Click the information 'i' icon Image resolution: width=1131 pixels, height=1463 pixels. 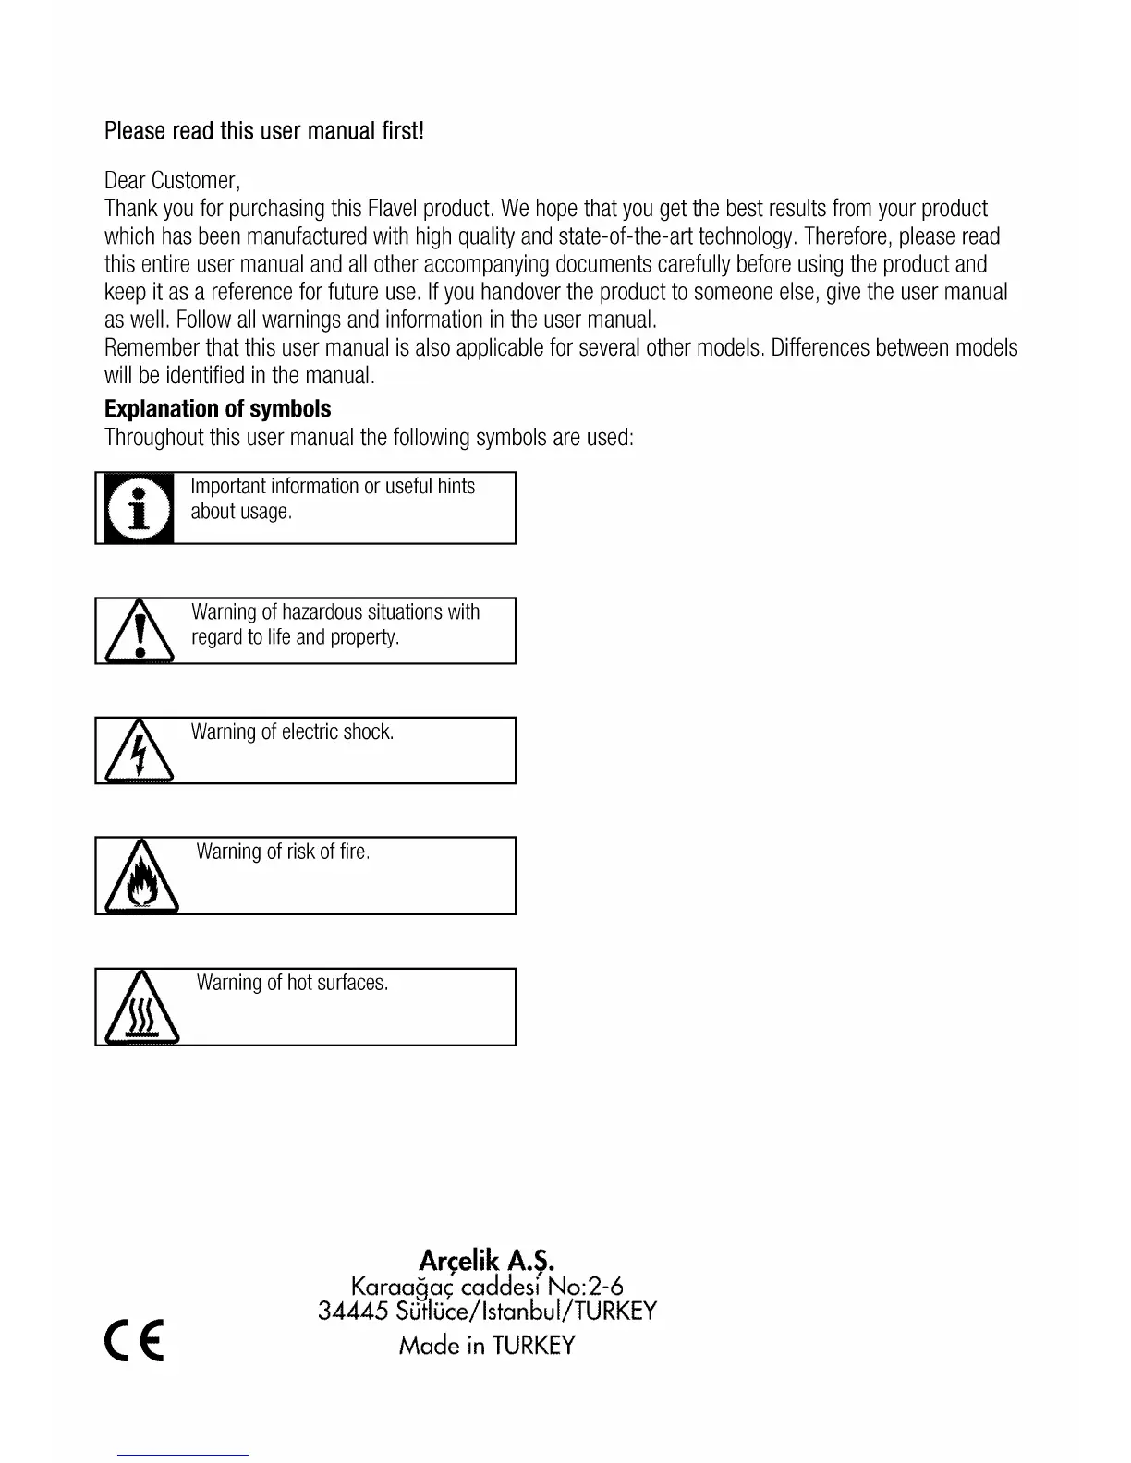tap(139, 508)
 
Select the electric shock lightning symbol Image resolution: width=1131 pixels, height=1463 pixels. tap(140, 754)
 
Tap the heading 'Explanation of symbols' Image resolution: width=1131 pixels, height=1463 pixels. tap(217, 409)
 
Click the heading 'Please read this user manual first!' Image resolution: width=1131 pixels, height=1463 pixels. tap(264, 131)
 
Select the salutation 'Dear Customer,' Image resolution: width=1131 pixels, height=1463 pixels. tap(173, 180)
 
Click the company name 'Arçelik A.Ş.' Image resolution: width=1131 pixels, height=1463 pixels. tap(487, 1260)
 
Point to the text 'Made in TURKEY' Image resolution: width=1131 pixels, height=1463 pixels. tap(487, 1345)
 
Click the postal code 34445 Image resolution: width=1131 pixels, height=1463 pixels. tap(352, 1312)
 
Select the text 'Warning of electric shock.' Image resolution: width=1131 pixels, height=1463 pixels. tap(292, 732)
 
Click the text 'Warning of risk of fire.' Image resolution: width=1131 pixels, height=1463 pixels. tap(283, 852)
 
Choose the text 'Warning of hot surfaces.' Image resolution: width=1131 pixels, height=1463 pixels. tap(292, 983)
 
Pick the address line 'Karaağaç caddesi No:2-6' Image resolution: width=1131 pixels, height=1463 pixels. tap(487, 1286)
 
